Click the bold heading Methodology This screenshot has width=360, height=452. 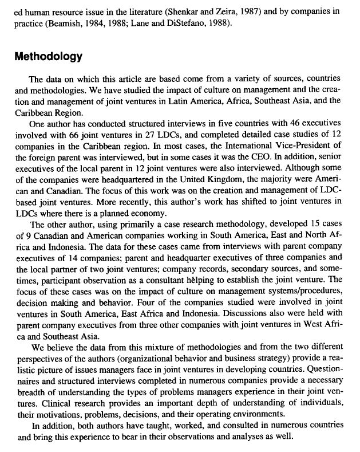[49, 57]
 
